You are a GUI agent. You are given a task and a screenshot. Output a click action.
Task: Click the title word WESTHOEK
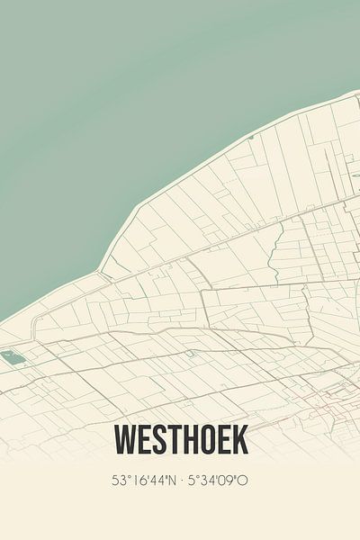click(x=180, y=440)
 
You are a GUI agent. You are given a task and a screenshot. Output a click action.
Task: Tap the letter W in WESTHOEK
click(x=125, y=440)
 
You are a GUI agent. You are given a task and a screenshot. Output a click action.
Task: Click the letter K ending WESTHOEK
click(x=240, y=440)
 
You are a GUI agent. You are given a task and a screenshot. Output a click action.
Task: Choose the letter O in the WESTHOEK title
click(x=209, y=440)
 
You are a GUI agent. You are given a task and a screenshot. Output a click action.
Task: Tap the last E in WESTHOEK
click(x=225, y=440)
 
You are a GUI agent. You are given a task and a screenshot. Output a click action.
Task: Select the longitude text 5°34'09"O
click(x=217, y=481)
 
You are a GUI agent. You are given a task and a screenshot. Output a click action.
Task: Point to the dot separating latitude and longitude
click(x=179, y=481)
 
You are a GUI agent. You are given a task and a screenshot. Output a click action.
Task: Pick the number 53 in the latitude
click(x=118, y=481)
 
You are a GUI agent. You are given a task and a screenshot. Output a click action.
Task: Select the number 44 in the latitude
click(x=154, y=481)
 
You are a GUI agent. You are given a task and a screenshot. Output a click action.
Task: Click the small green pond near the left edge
click(x=13, y=357)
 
